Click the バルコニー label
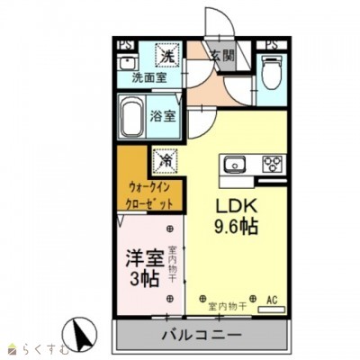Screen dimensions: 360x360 point(200,335)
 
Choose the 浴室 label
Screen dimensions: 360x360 point(162,116)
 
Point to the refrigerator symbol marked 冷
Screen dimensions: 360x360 point(166,158)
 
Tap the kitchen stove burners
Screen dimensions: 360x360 point(271,165)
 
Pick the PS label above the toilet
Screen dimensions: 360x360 point(271,42)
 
